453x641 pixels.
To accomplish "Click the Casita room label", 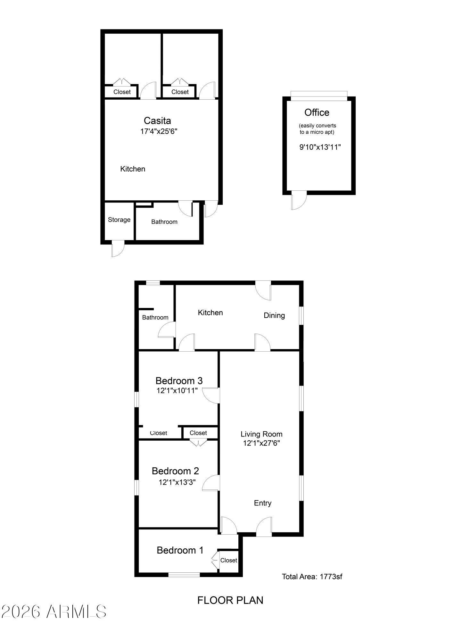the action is click(157, 121).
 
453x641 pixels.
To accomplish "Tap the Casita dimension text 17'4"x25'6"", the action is click(159, 131).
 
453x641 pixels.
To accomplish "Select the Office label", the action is click(317, 112).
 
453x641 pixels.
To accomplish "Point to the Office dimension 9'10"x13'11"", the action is click(320, 147).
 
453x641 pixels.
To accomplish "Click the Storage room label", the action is click(119, 220).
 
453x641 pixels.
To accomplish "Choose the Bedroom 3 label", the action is click(179, 381).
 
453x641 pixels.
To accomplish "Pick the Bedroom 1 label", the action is click(180, 550).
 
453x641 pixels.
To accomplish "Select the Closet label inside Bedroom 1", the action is click(229, 560).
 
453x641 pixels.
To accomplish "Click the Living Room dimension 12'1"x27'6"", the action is click(262, 443).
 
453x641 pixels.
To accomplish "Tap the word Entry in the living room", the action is click(263, 503).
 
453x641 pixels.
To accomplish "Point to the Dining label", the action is click(274, 315).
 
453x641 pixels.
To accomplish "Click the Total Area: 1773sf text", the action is click(312, 577).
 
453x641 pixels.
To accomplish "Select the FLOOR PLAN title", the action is click(230, 600).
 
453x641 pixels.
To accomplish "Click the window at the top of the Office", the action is click(319, 96).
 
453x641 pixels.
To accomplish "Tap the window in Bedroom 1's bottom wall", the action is click(184, 575).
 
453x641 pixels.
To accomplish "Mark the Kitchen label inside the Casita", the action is click(133, 169).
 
